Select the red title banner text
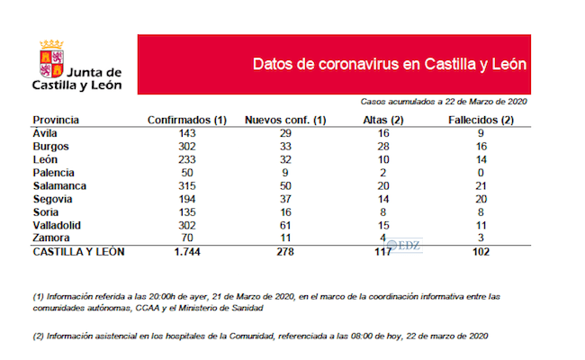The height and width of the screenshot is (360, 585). [x=389, y=65]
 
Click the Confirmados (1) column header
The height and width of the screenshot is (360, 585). [x=186, y=120]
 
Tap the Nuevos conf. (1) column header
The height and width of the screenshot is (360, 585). [x=285, y=120]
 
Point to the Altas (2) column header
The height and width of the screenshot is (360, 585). [x=382, y=120]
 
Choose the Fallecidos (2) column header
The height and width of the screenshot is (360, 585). [x=481, y=120]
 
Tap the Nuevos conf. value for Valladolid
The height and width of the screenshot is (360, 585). [x=285, y=225]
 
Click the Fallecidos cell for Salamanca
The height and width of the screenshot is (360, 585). [x=481, y=185]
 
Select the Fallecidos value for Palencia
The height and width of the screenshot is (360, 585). [x=481, y=172]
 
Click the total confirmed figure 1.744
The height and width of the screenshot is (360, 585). [x=186, y=252]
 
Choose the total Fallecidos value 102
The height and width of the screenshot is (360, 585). [x=481, y=252]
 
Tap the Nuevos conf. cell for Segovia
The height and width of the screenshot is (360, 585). [x=285, y=198]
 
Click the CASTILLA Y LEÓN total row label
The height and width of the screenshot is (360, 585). [x=78, y=252]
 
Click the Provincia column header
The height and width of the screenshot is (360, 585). [x=56, y=120]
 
